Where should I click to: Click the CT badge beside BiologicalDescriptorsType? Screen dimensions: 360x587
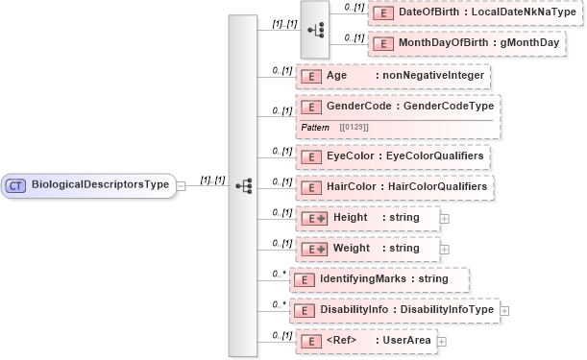pyautogui.click(x=17, y=183)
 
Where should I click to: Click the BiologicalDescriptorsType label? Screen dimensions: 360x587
pyautogui.click(x=100, y=183)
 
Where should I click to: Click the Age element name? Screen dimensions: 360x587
pyautogui.click(x=337, y=76)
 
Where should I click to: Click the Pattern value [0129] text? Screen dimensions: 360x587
pyautogui.click(x=354, y=127)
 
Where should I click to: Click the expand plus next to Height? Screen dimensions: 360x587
pyautogui.click(x=444, y=219)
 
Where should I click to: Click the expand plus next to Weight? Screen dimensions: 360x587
pyautogui.click(x=444, y=250)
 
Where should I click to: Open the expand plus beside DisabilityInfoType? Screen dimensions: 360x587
pyautogui.click(x=504, y=311)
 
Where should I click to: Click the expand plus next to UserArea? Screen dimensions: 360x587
pyautogui.click(x=442, y=341)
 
